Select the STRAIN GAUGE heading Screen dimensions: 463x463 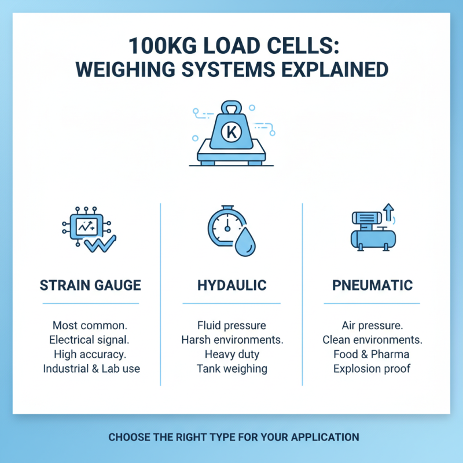[90, 285]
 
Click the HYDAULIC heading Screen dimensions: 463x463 [231, 285]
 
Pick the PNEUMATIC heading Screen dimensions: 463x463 [372, 285]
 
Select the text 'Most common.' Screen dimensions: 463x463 [91, 325]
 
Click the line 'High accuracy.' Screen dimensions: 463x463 [91, 354]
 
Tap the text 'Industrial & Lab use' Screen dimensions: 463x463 [91, 369]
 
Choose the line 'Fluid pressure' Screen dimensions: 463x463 [231, 325]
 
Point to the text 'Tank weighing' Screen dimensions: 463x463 [231, 369]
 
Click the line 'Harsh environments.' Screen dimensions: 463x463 [231, 340]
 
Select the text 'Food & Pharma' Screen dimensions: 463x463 [372, 354]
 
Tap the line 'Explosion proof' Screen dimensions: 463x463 [372, 369]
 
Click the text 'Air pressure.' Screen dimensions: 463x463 [372, 325]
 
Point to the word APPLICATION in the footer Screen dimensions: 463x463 [322, 436]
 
